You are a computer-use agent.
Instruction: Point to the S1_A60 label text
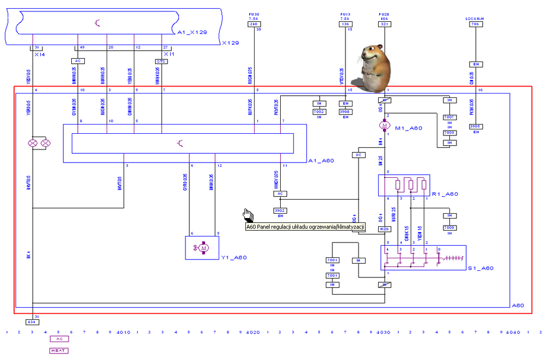click(x=480, y=268)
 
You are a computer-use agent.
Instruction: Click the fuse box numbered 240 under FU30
click(x=254, y=24)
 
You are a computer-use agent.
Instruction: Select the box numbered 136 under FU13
click(x=344, y=24)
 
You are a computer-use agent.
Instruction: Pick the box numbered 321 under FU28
click(x=385, y=24)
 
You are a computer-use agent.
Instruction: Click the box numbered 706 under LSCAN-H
click(x=475, y=24)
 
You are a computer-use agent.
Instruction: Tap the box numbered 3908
click(x=344, y=111)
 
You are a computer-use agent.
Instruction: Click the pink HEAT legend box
click(x=58, y=350)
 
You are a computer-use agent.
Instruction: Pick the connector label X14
click(x=39, y=54)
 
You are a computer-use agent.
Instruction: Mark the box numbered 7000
click(x=449, y=227)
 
